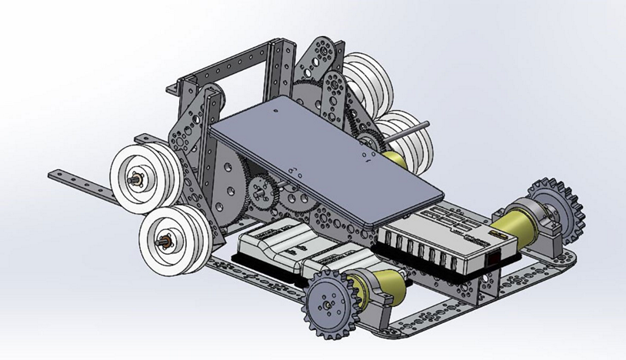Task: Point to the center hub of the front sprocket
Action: (329, 306)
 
